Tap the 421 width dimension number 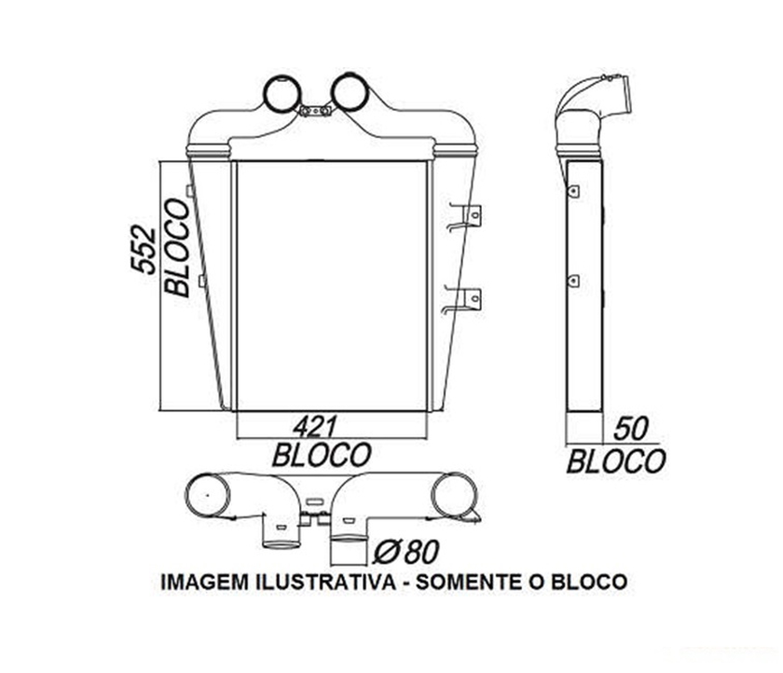coord(314,427)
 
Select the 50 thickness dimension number coord(631,430)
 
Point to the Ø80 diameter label coord(405,552)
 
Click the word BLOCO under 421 coord(322,455)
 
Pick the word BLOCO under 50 coord(616,460)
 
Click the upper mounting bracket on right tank coord(466,215)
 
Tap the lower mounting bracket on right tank coord(466,299)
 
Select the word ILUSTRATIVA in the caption coord(323,583)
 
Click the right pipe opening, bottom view coord(454,495)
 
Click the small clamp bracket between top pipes coord(314,111)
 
